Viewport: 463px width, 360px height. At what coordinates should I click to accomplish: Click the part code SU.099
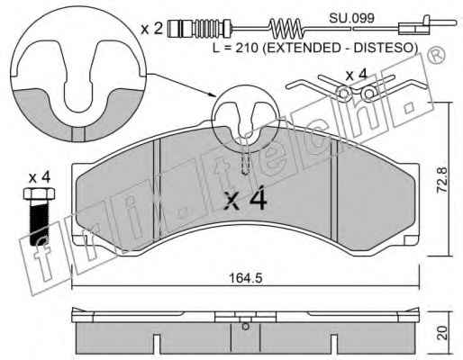[351, 18]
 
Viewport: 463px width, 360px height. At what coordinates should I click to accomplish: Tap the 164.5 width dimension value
[246, 278]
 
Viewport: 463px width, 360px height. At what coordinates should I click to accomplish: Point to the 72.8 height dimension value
[441, 180]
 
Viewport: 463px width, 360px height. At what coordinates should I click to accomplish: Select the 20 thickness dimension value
[441, 333]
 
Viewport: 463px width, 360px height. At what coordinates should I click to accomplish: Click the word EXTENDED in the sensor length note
[303, 48]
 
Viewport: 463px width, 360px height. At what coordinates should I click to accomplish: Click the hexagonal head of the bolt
[39, 193]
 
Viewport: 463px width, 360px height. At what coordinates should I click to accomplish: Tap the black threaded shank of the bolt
[39, 222]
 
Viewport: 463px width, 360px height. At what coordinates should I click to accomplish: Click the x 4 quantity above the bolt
[40, 178]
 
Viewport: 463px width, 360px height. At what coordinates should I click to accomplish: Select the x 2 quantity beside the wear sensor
[151, 29]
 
